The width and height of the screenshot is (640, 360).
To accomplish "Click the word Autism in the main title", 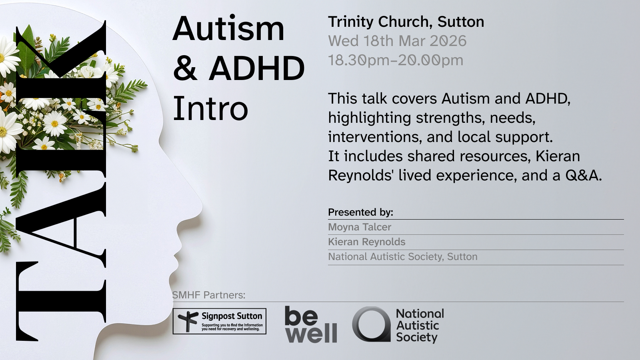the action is pyautogui.click(x=228, y=28).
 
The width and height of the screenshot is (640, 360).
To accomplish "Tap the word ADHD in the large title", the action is pyautogui.click(x=256, y=68).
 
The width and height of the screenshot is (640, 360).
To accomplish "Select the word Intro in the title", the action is pyautogui.click(x=210, y=108).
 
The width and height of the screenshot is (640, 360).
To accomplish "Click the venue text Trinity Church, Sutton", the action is pyautogui.click(x=406, y=22).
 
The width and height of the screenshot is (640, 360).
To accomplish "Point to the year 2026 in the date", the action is pyautogui.click(x=448, y=41).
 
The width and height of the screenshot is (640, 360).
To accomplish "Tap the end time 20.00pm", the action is pyautogui.click(x=430, y=60).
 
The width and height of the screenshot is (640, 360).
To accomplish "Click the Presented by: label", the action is pyautogui.click(x=360, y=212).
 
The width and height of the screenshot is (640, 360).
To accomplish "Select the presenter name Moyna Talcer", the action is pyautogui.click(x=360, y=227).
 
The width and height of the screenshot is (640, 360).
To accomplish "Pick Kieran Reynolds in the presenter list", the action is pyautogui.click(x=366, y=242).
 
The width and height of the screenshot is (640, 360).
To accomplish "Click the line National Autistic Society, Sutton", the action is pyautogui.click(x=402, y=257).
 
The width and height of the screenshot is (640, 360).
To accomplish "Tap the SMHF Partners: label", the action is pyautogui.click(x=208, y=295).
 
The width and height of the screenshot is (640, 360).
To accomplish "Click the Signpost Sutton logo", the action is pyautogui.click(x=220, y=321).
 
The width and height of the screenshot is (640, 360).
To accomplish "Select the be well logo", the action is pyautogui.click(x=311, y=324).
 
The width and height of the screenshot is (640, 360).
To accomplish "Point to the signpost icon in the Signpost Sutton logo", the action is pyautogui.click(x=188, y=321).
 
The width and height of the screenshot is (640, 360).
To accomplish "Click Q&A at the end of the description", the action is pyautogui.click(x=584, y=176).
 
